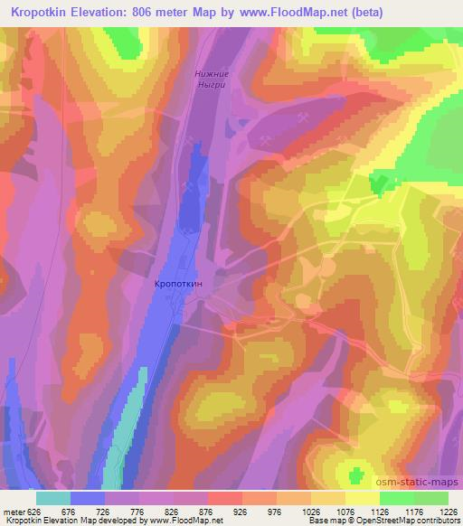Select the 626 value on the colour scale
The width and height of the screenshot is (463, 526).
pyautogui.click(x=34, y=512)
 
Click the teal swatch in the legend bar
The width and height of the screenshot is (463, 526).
pyautogui.click(x=52, y=498)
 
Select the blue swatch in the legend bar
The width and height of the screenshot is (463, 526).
pyautogui.click(x=87, y=498)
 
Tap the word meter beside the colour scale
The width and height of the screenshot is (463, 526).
pyautogui.click(x=13, y=512)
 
